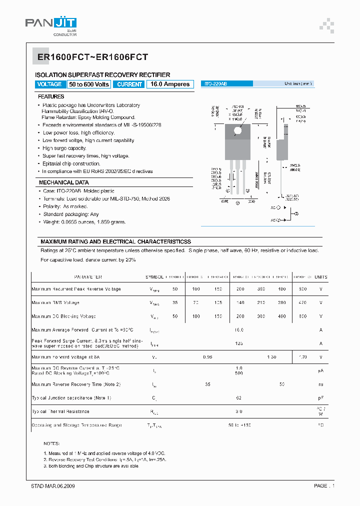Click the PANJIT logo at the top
pos(51,23)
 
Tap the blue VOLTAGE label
pos(49,84)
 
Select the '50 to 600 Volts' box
pos(89,84)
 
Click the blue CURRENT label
pos(129,84)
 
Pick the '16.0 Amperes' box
pos(170,84)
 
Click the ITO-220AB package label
pos(215,84)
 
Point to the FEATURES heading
pos(51,96)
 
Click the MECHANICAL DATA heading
pos(63,182)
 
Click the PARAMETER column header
pos(88,276)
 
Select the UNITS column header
pos(320,276)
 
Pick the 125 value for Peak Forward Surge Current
pos(239,343)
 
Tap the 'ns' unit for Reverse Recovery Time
pos(320,384)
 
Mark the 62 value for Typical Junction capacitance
pos(239,398)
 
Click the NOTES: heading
pos(51,443)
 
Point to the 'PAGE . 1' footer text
pos(324,486)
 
